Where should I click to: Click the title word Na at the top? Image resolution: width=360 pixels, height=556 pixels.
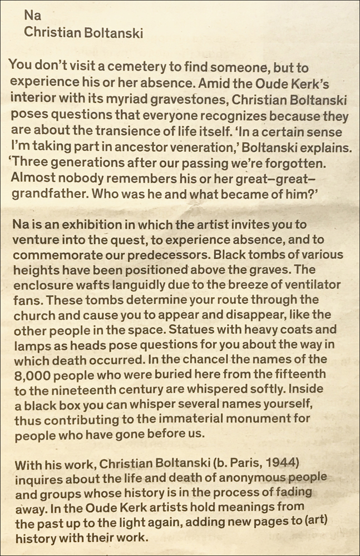click(32, 17)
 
